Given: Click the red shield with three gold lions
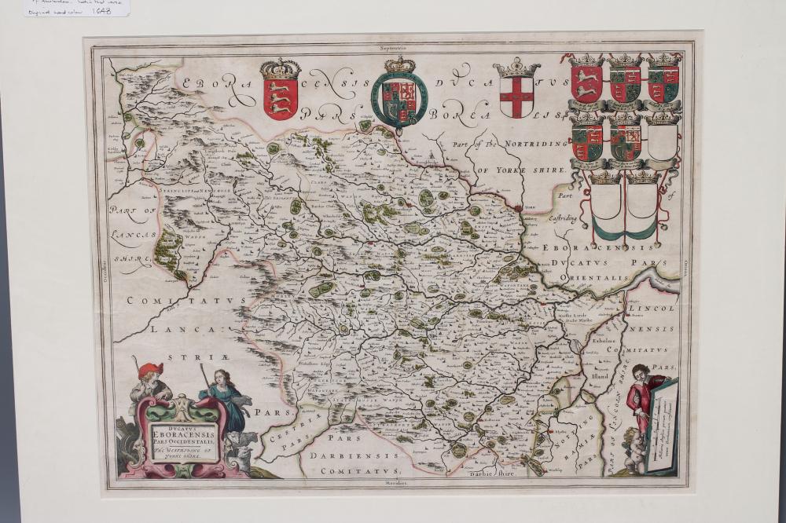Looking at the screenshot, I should coord(281,97).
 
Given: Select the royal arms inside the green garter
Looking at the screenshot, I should coord(399,99).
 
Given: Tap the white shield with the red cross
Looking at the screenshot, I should coord(516,97).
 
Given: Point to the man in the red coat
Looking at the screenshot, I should coord(643,400).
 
